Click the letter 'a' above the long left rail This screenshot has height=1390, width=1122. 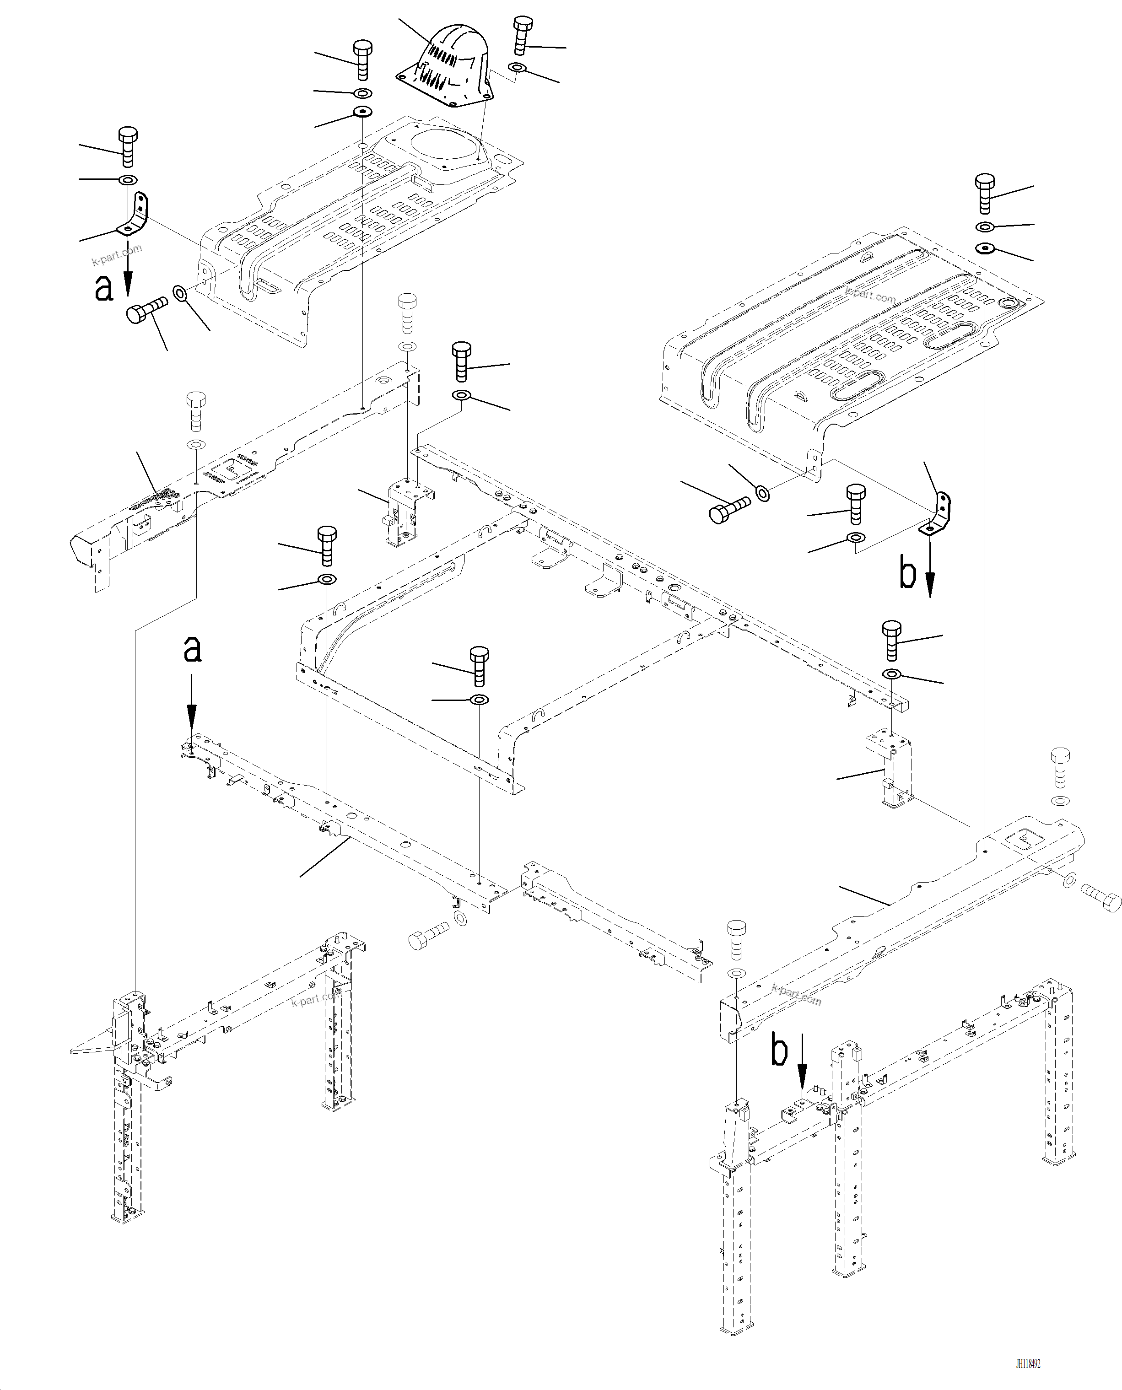(192, 649)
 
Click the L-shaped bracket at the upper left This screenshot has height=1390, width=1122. (136, 216)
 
